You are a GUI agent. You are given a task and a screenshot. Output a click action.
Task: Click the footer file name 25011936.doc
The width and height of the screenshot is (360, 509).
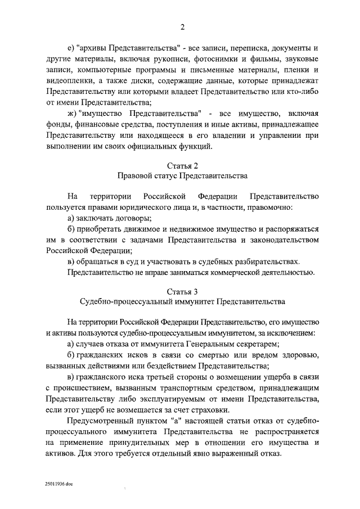coord(60,484)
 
